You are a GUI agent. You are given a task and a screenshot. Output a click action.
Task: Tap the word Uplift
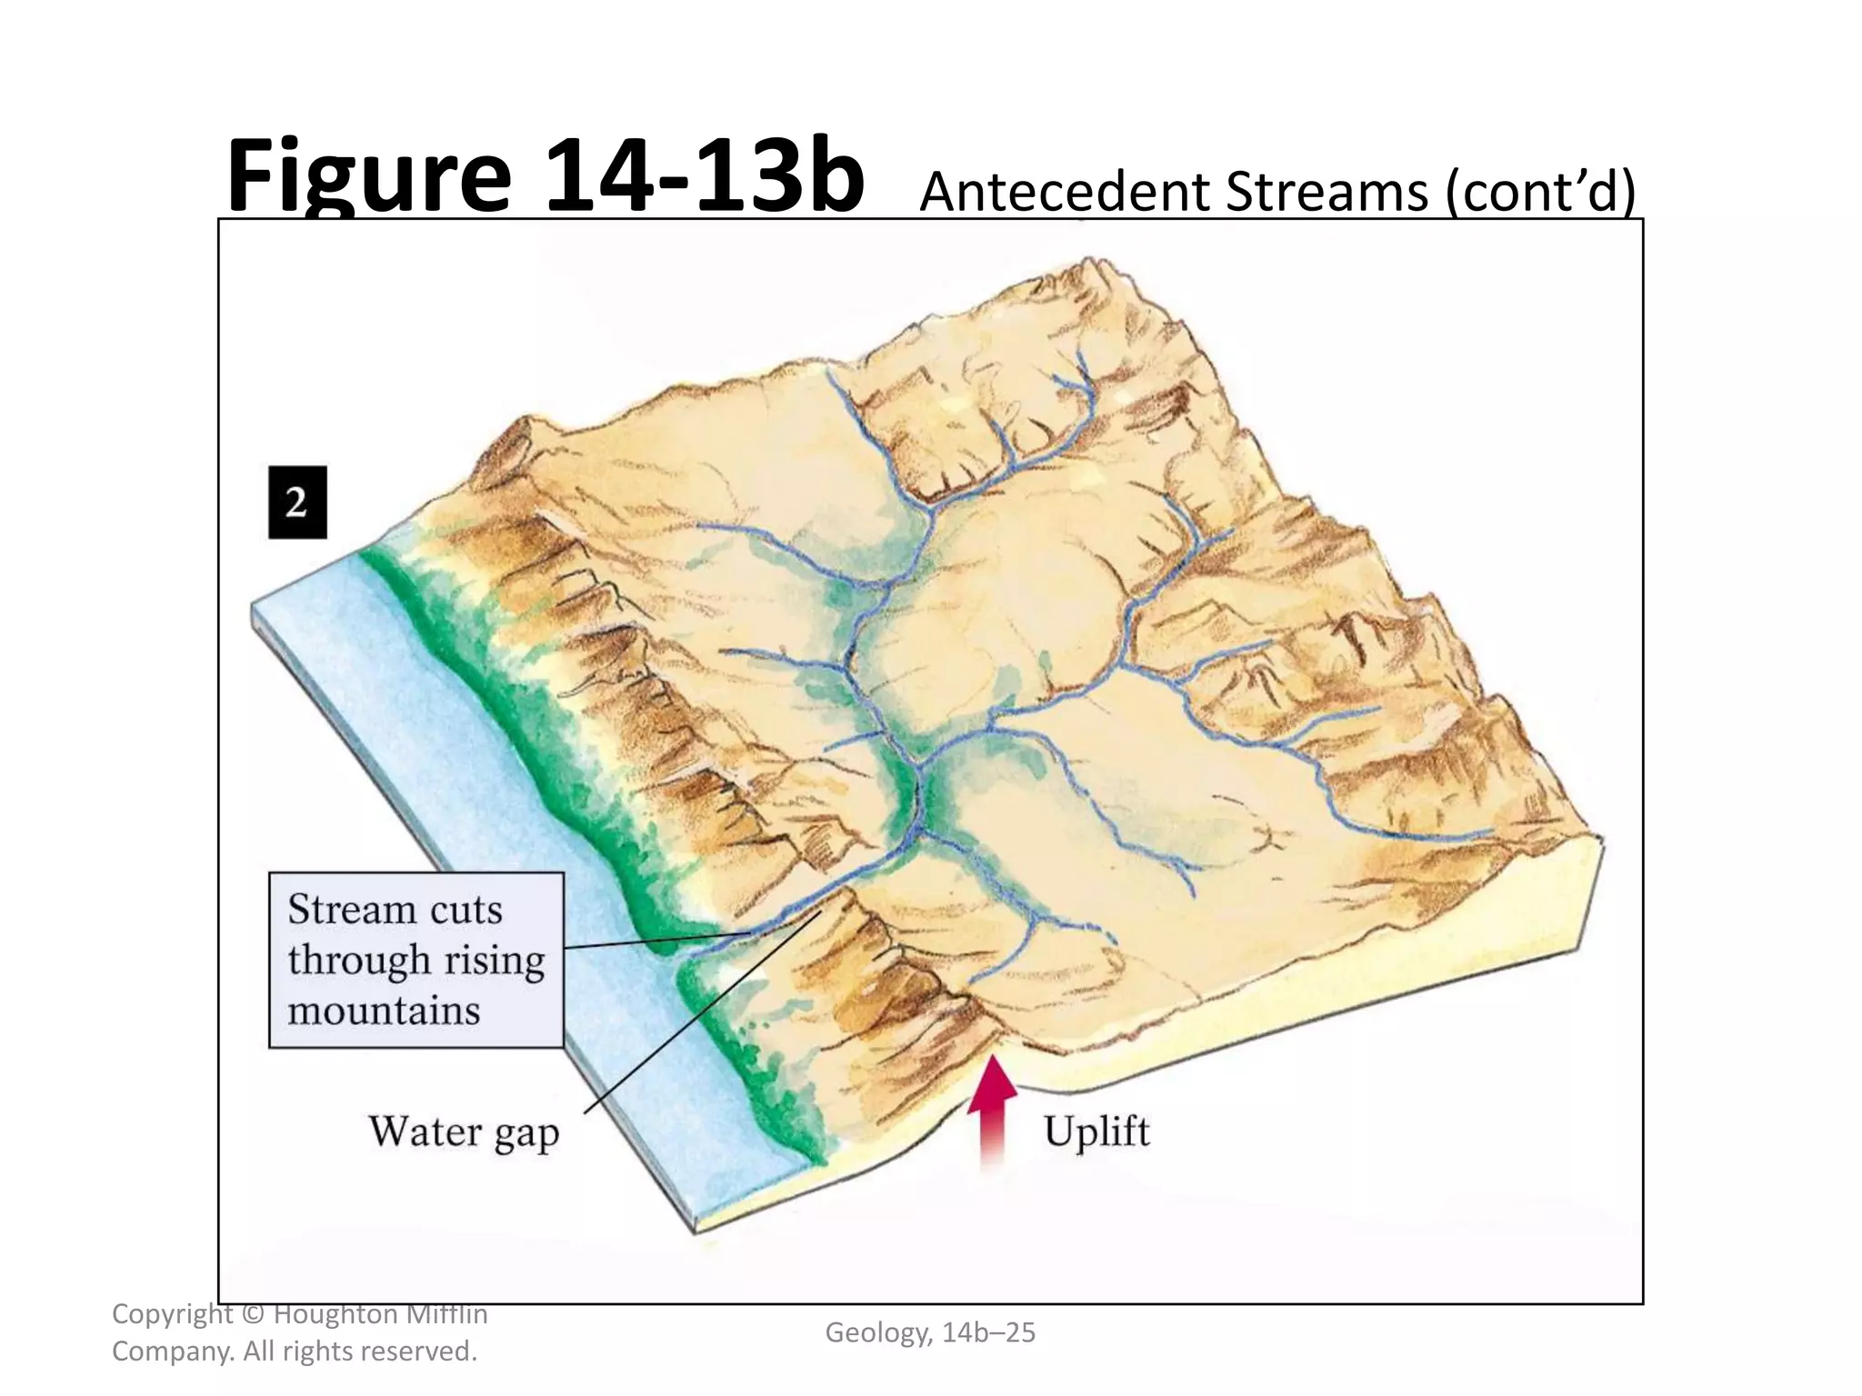(1096, 1132)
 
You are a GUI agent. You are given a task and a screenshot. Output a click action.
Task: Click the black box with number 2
(297, 503)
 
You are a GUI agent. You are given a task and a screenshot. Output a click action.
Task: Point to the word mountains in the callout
(384, 1011)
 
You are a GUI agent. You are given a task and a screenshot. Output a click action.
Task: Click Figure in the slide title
(368, 177)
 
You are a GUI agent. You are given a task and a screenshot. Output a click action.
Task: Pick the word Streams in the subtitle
(1327, 193)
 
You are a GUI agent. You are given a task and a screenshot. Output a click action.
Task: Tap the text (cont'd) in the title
(1542, 193)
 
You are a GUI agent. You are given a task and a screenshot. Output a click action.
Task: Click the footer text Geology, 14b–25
(930, 1332)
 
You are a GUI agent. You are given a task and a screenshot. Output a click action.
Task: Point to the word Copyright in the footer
(171, 1314)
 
